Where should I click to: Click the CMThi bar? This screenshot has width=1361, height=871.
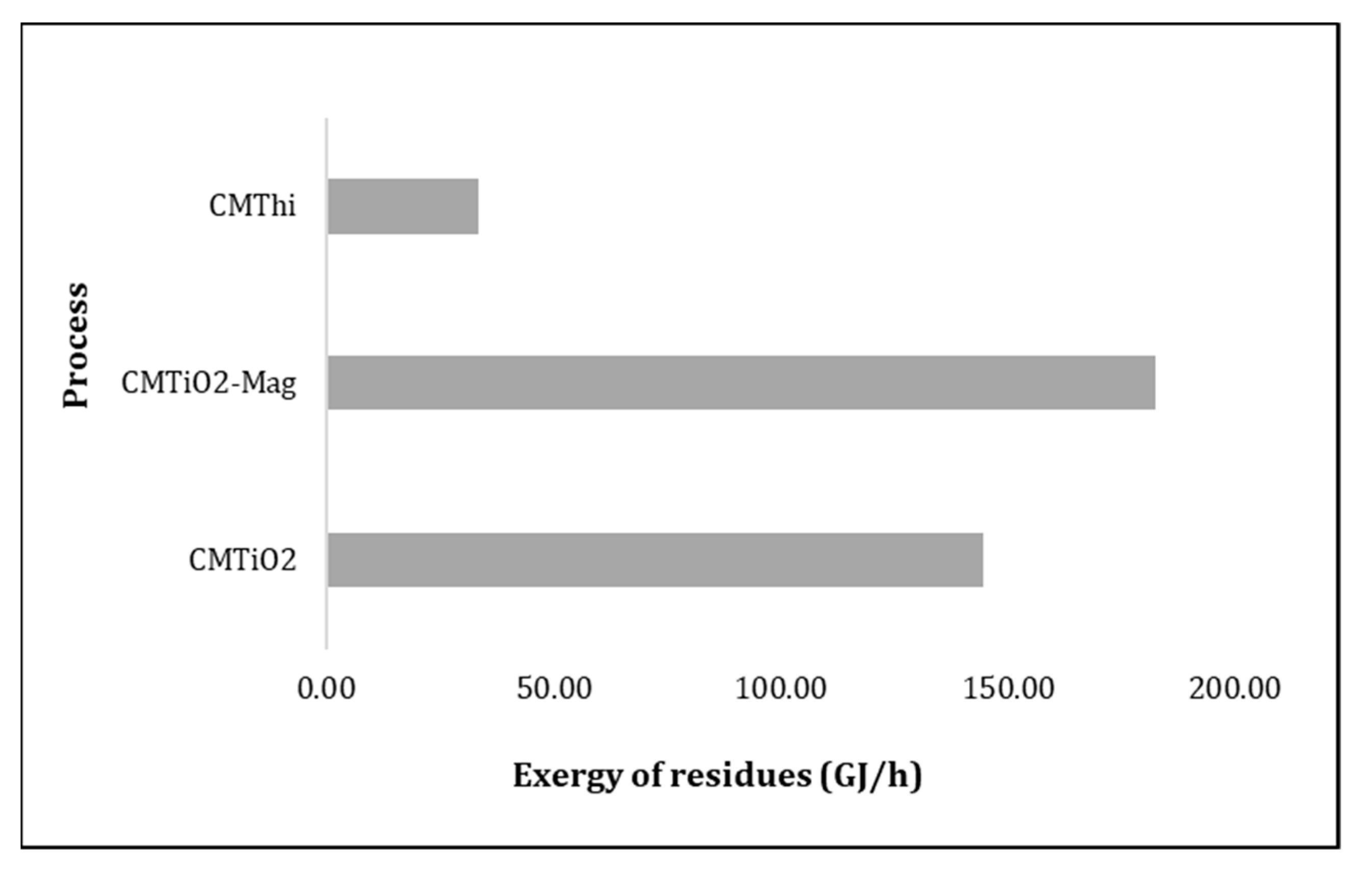pyautogui.click(x=403, y=207)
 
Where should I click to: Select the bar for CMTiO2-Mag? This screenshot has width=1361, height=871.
pyautogui.click(x=741, y=382)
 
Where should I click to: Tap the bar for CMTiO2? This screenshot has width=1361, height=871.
pyautogui.click(x=655, y=559)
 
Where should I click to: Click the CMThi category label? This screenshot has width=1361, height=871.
pyautogui.click(x=252, y=205)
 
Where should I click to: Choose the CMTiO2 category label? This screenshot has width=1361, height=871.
pyautogui.click(x=243, y=560)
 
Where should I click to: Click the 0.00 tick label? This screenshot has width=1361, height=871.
pyautogui.click(x=327, y=689)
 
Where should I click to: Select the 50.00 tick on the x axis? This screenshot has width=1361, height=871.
pyautogui.click(x=554, y=689)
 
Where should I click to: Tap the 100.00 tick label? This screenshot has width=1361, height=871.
pyautogui.click(x=781, y=689)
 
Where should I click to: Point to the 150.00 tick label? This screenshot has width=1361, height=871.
pyautogui.click(x=1008, y=689)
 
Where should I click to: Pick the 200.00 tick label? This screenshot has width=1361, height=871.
pyautogui.click(x=1235, y=689)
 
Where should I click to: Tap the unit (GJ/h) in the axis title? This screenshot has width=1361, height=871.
pyautogui.click(x=872, y=776)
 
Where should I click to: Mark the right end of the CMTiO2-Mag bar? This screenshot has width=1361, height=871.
pyautogui.click(x=1154, y=382)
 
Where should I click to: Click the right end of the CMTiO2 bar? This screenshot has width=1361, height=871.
pyautogui.click(x=982, y=559)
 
